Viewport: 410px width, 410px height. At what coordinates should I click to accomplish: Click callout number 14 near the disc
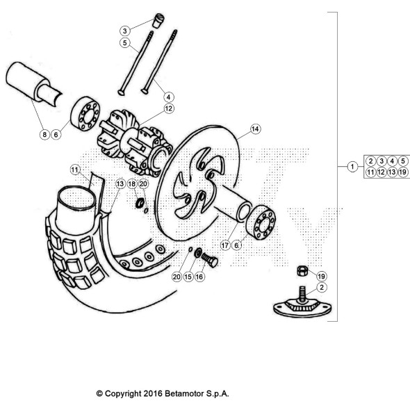click(x=255, y=129)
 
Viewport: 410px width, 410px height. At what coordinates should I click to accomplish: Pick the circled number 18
click(x=131, y=183)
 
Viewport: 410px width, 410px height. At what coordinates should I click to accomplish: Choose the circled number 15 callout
click(x=189, y=276)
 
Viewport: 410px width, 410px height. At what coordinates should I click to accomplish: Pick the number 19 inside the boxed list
click(x=403, y=172)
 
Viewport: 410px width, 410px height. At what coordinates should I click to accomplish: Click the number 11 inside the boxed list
click(x=371, y=172)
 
